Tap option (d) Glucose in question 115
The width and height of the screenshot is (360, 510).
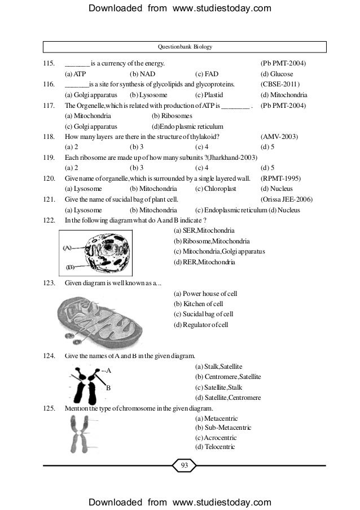tap(276, 74)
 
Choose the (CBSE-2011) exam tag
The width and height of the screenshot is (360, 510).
tap(280, 85)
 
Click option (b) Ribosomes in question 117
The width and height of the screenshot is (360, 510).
tap(173, 116)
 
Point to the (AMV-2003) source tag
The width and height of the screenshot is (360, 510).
tap(279, 137)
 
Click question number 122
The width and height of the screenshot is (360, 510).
tap(51, 220)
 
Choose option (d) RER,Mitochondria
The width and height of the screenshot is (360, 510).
tap(204, 262)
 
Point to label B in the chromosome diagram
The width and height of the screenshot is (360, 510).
tap(108, 389)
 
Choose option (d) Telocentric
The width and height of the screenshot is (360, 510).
tap(215, 447)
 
